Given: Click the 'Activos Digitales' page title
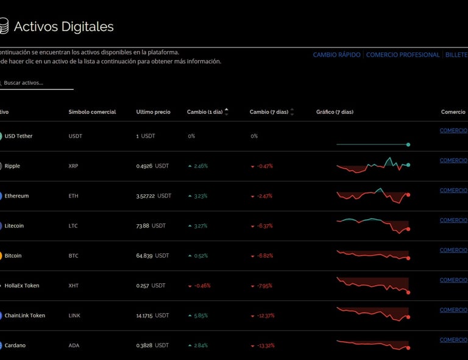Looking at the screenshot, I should pos(63,27).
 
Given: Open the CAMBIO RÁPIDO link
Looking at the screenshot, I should pos(336,55).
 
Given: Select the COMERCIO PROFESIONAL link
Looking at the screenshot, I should pos(402,55).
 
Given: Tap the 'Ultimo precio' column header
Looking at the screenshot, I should pos(153,112).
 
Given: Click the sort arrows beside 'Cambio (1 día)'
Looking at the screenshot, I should pos(227,112).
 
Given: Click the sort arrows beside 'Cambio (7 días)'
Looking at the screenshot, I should pos(292,112).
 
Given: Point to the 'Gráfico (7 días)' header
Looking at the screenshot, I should pos(335,112).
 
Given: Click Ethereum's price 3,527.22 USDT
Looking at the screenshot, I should pos(154,196).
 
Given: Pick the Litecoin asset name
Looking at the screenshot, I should pos(14,226).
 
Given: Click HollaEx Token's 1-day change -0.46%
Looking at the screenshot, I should pos(202,286).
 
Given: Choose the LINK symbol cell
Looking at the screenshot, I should pos(75,316).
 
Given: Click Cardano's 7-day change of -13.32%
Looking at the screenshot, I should pos(266,345).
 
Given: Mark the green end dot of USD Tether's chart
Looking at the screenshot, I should pos(408,144).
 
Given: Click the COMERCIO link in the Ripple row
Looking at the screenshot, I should pos(453,160).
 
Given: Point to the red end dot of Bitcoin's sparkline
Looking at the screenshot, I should pos(408,258).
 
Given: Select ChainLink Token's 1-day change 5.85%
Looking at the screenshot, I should pos(200,316).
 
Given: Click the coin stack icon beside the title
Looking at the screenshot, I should pos(3,26).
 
